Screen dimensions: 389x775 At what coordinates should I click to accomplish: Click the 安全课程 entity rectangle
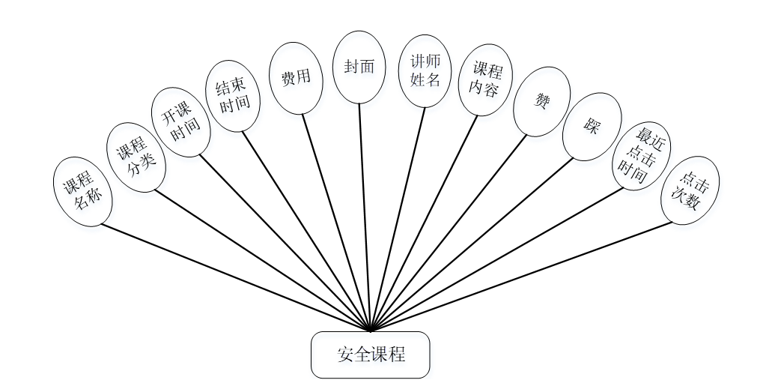[370, 355]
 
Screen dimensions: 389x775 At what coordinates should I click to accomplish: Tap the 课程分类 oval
[136, 157]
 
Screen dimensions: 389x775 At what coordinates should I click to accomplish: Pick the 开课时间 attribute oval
[181, 122]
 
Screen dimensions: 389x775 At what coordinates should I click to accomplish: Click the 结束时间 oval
[233, 96]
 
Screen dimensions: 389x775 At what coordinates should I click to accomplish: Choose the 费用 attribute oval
[296, 78]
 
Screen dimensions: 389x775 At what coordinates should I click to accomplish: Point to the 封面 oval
[359, 67]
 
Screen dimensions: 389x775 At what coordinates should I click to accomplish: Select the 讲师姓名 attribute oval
[425, 70]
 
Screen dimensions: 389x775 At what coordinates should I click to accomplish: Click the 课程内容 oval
[485, 79]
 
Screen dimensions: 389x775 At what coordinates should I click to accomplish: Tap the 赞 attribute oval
[541, 101]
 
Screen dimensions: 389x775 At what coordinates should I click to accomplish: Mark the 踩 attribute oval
[592, 127]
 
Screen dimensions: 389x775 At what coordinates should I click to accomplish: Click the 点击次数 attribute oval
[690, 190]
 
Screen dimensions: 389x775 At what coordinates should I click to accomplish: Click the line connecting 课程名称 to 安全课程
[236, 277]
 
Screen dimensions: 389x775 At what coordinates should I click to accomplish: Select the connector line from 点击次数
[522, 275]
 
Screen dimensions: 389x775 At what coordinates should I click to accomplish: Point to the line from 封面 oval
[365, 217]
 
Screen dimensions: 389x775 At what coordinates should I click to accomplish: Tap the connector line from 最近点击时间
[498, 259]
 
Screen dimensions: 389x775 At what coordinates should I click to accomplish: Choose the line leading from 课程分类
[262, 259]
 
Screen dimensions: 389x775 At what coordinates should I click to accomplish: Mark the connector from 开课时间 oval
[285, 242]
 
